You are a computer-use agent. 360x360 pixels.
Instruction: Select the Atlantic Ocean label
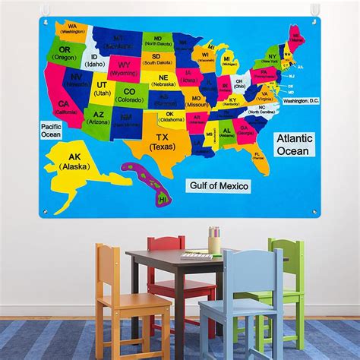pos(292,144)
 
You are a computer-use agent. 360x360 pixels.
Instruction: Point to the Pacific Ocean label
pos(51,130)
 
